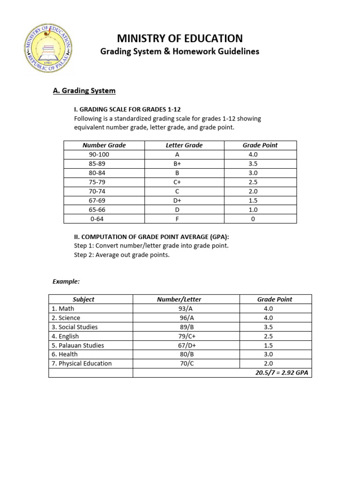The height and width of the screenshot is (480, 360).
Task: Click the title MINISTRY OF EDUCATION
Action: pyautogui.click(x=180, y=38)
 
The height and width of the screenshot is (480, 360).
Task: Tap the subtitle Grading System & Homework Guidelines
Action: pyautogui.click(x=180, y=52)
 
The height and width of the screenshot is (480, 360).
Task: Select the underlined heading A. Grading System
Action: pyautogui.click(x=84, y=90)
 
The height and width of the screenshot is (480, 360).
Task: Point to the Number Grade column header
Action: pyautogui.click(x=104, y=145)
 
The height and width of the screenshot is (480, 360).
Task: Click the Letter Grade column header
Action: pyautogui.click(x=184, y=145)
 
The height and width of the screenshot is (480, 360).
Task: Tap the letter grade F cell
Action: pyautogui.click(x=177, y=219)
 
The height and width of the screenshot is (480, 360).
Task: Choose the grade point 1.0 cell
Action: pyautogui.click(x=253, y=210)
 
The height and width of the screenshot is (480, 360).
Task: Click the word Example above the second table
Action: pyautogui.click(x=66, y=281)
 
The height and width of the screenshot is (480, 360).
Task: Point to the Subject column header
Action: pyautogui.click(x=83, y=299)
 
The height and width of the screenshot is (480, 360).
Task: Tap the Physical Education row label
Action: pyautogui.click(x=82, y=363)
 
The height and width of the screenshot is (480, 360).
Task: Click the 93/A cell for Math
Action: pyautogui.click(x=179, y=308)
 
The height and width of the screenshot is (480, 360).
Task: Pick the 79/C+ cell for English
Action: pyautogui.click(x=179, y=336)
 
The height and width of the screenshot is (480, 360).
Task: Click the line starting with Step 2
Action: pyautogui.click(x=122, y=255)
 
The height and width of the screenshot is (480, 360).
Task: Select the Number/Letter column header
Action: pyautogui.click(x=179, y=299)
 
